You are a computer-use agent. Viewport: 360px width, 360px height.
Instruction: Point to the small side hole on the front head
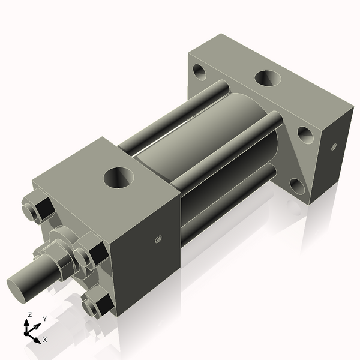(158, 239)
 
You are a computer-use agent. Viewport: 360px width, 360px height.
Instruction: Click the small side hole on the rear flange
(334, 145)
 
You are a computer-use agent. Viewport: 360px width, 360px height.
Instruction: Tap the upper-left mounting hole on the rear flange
(200, 74)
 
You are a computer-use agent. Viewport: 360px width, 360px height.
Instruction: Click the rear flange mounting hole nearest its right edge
(305, 134)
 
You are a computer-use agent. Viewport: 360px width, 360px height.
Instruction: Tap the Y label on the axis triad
(44, 319)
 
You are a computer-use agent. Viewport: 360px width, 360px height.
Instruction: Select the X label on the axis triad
(44, 340)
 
